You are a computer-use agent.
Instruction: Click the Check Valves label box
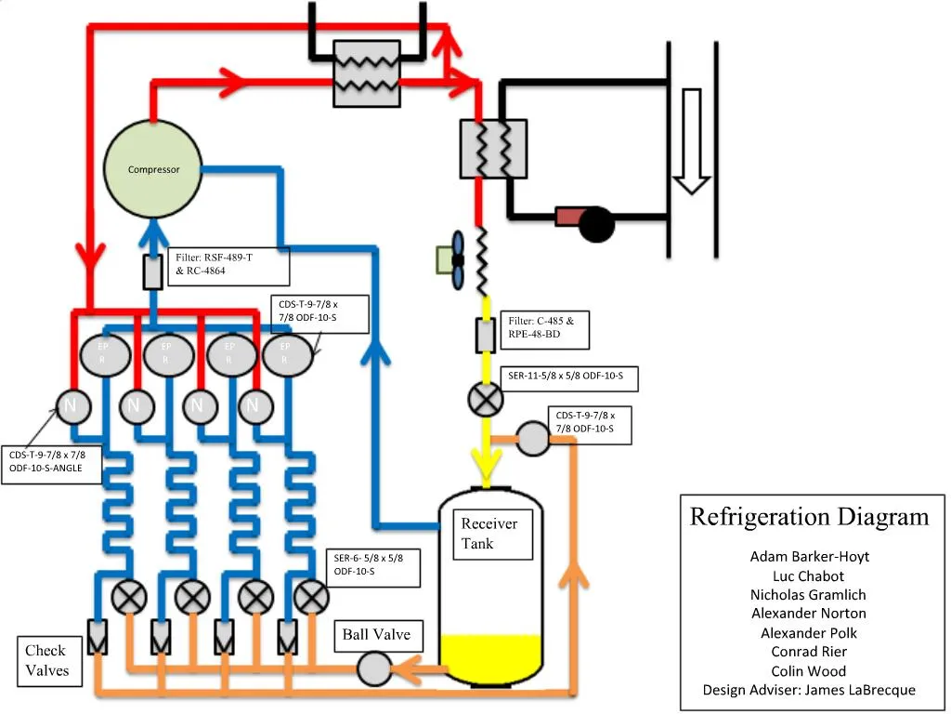click(x=46, y=660)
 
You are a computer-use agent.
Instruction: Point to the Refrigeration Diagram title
click(x=809, y=517)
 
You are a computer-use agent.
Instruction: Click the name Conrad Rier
click(x=809, y=652)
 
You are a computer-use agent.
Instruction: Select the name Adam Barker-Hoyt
click(x=809, y=556)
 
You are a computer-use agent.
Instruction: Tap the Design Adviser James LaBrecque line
click(x=809, y=690)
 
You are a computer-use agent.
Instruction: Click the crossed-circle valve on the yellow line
click(x=485, y=400)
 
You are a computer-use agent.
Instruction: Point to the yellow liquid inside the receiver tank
click(x=490, y=656)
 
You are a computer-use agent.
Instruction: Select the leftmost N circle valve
click(x=72, y=404)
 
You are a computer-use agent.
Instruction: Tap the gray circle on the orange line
click(x=534, y=439)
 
